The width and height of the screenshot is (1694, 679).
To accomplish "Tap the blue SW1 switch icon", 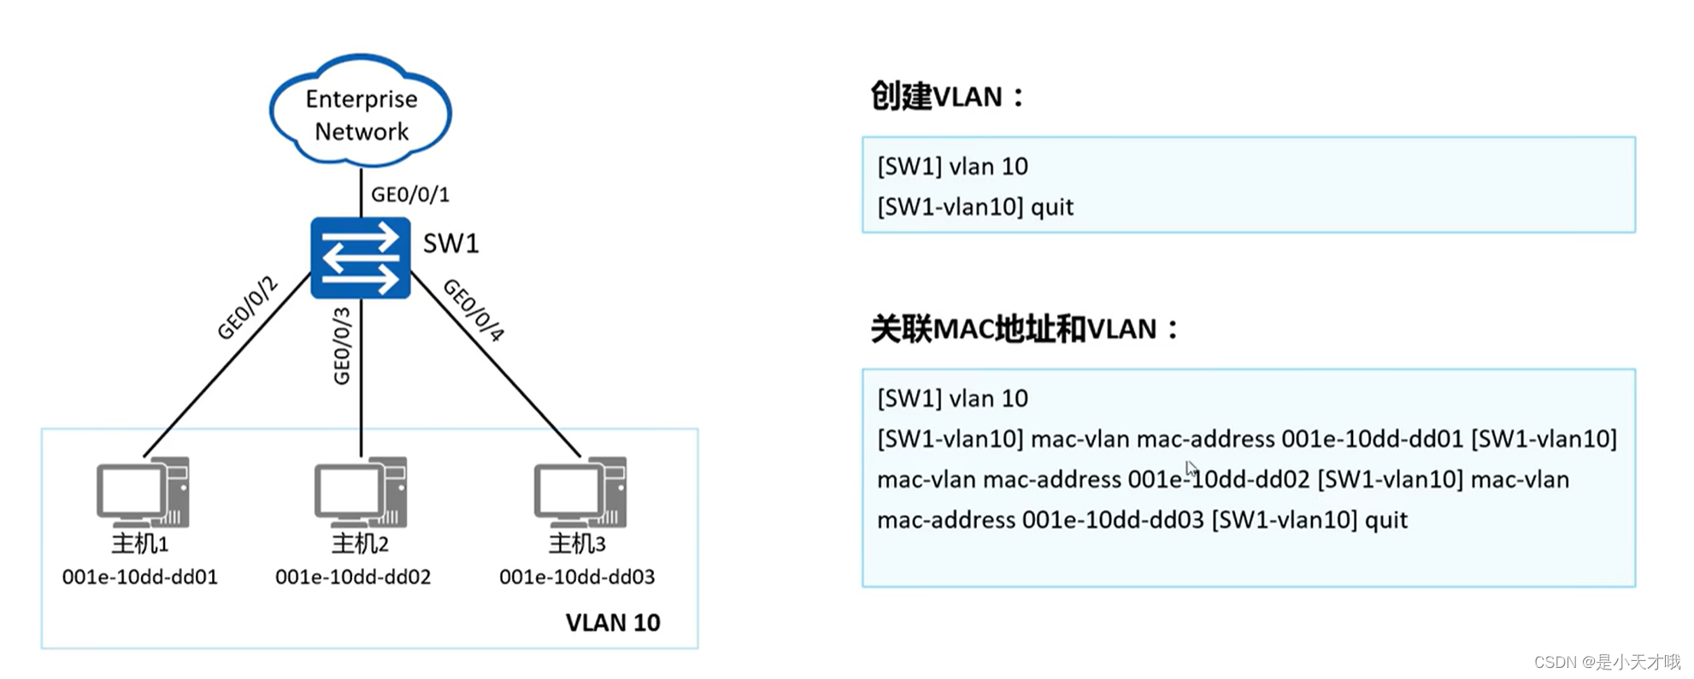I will (x=360, y=257).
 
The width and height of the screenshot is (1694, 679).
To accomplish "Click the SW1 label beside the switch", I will (x=450, y=244).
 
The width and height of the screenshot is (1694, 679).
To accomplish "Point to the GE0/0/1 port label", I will (x=409, y=195).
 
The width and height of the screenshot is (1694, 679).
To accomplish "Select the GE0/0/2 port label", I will (x=247, y=308).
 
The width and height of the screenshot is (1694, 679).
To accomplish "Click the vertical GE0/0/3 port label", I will (x=342, y=345).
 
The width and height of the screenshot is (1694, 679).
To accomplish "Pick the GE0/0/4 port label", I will (x=473, y=310).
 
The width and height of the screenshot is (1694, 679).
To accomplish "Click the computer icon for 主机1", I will (x=143, y=493).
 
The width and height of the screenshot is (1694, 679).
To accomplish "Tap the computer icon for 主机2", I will (x=361, y=493).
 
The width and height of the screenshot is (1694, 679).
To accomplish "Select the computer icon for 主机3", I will (x=580, y=493).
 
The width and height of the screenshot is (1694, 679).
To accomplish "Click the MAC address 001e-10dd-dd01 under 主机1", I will (x=139, y=577).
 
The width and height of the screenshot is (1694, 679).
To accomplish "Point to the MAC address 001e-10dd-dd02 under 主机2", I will (x=352, y=577).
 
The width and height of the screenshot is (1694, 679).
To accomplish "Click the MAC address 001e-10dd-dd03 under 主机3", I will (x=577, y=577).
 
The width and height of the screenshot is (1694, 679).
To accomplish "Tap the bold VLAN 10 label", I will (x=612, y=623).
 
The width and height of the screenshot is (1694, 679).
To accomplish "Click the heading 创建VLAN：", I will (x=946, y=97).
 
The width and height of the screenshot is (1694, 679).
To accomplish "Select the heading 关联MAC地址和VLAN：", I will (x=1024, y=329).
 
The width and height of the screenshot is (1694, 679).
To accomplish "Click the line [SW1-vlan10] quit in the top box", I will (x=974, y=207).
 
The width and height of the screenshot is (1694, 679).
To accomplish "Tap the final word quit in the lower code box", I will (x=1385, y=520).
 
